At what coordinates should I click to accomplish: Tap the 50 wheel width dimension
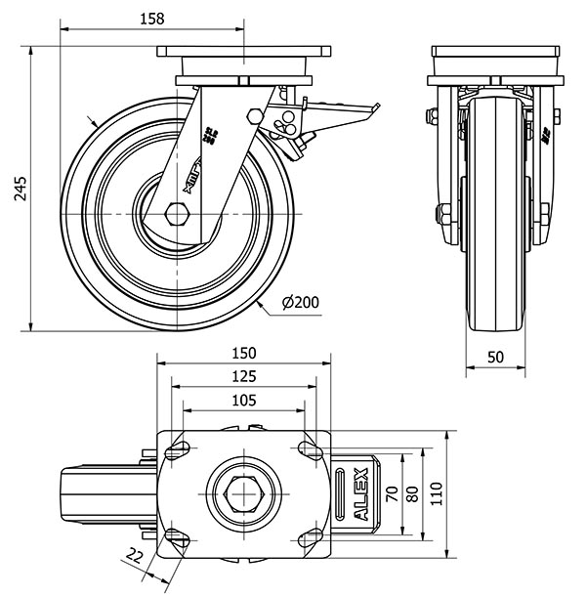click(495, 357)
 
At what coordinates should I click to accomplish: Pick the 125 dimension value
click(244, 376)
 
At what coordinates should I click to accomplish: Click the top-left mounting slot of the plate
click(178, 450)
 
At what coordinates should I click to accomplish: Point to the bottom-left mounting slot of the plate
click(178, 536)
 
